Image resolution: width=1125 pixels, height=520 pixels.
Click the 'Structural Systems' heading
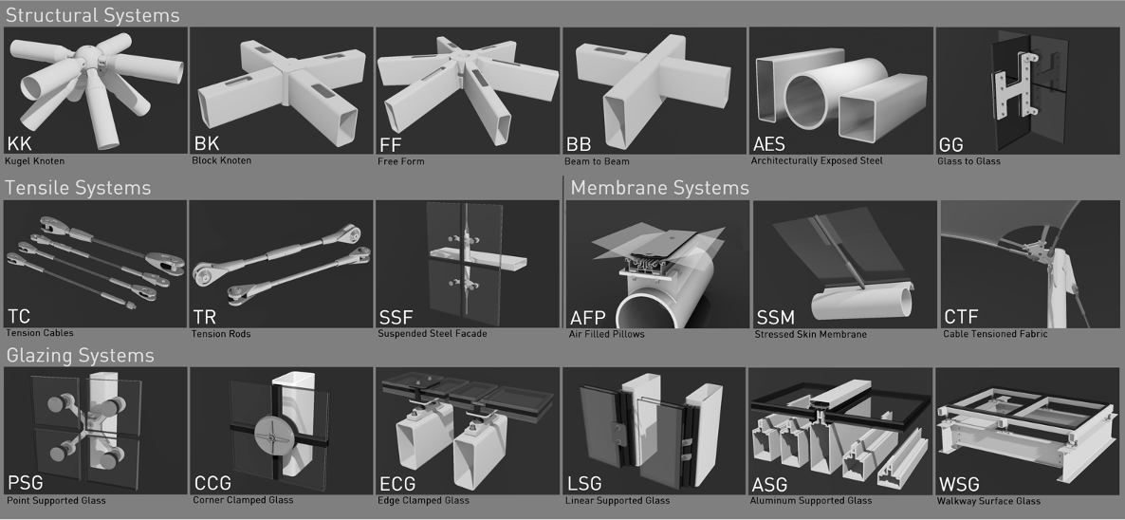(93, 15)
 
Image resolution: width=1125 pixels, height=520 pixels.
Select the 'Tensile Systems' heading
(78, 188)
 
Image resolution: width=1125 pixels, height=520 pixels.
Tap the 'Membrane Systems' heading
(660, 188)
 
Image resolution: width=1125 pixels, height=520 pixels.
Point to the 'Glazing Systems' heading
(80, 356)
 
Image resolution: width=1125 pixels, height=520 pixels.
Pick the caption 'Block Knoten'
(222, 160)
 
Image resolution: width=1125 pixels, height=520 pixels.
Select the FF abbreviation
(391, 144)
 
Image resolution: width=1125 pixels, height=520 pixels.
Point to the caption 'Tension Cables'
(40, 333)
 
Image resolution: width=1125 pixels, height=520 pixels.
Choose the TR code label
(205, 316)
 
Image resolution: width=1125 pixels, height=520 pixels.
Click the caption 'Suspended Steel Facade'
(433, 333)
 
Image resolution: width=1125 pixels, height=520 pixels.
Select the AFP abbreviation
(587, 317)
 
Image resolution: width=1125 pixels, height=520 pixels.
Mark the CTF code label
(962, 317)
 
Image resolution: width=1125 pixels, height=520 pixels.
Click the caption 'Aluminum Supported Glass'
(811, 501)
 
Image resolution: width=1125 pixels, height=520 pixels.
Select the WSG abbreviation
(959, 484)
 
